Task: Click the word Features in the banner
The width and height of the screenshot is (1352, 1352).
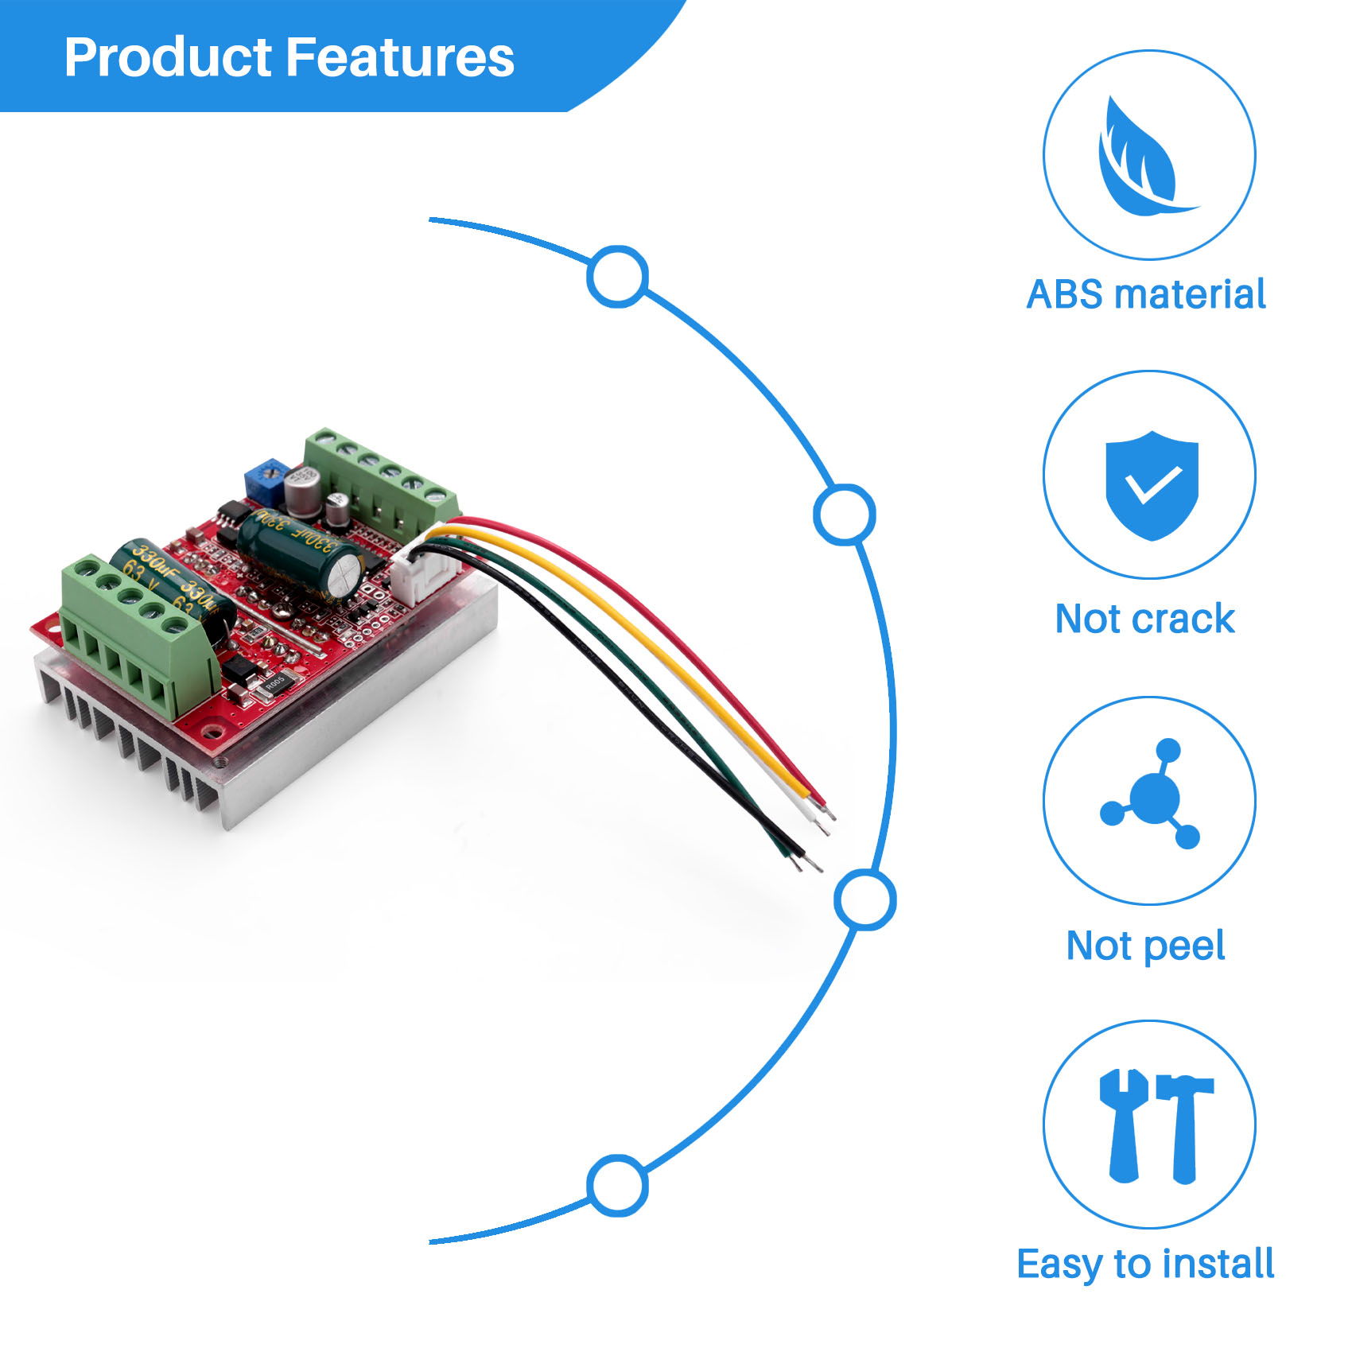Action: point(399,57)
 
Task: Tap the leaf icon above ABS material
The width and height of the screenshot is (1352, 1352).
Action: point(1143,157)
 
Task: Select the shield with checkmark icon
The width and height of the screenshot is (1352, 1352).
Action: point(1151,484)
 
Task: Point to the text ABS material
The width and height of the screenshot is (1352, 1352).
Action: point(1145,294)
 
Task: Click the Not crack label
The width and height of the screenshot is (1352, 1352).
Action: point(1144,619)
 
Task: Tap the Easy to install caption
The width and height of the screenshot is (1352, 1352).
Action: point(1145,1264)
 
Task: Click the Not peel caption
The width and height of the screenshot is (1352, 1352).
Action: point(1145,946)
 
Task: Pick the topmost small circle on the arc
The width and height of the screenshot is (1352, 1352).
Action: point(617,276)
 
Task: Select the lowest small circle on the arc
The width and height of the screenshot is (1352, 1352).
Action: point(617,1185)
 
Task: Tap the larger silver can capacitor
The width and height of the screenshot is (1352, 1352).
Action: point(302,489)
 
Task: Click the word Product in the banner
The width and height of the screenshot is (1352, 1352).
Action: point(169,57)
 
